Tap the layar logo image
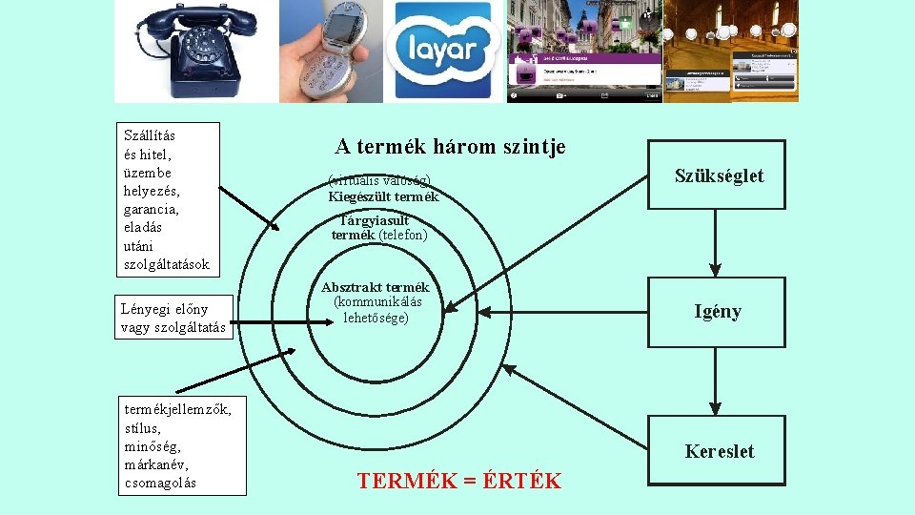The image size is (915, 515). tap(443, 51)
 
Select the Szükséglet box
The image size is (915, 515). tap(718, 175)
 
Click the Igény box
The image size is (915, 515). tap(718, 311)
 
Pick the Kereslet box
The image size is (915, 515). tap(718, 451)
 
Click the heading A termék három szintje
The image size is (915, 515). tap(450, 147)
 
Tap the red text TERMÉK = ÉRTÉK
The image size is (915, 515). tap(459, 481)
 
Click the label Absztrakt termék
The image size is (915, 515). tap(376, 287)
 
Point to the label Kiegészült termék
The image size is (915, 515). tap(383, 197)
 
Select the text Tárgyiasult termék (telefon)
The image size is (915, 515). tap(378, 227)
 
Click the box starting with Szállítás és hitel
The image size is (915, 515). tap(167, 199)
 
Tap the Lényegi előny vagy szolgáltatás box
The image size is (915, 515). tap(173, 318)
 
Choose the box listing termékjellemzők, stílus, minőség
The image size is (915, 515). tap(179, 444)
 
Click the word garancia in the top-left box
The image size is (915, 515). tap(152, 209)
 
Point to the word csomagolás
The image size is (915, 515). tap(160, 483)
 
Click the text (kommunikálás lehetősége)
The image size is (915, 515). tap(376, 310)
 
